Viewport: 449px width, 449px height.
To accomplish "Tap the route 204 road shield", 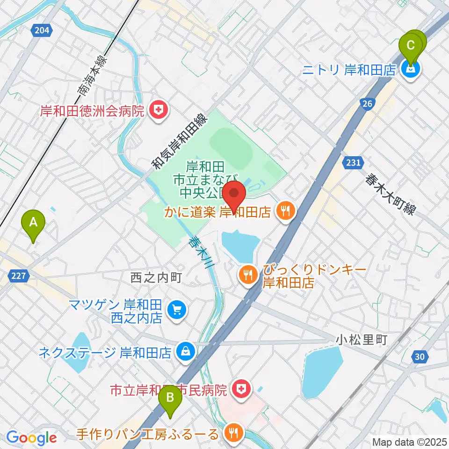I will point(41,30).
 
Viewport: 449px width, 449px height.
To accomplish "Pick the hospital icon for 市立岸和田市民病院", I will point(241,389).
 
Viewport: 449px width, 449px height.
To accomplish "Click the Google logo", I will point(32,438).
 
